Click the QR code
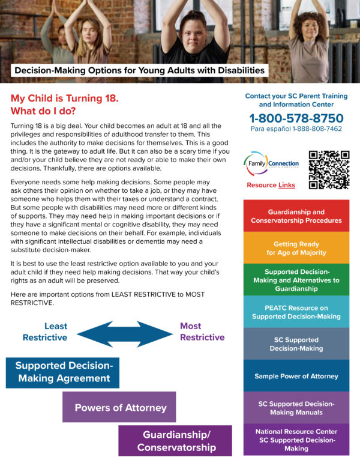pyautogui.click(x=329, y=170)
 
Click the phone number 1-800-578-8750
pyautogui.click(x=296, y=118)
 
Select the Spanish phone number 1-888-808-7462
pyautogui.click(x=296, y=129)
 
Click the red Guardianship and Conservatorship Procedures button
pyautogui.click(x=296, y=216)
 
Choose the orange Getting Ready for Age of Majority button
pyautogui.click(x=296, y=248)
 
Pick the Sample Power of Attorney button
pyautogui.click(x=296, y=376)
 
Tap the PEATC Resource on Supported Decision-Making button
pyautogui.click(x=296, y=312)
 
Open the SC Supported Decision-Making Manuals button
pyautogui.click(x=296, y=408)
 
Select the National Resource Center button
pyautogui.click(x=296, y=440)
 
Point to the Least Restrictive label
pyautogui.click(x=45, y=331)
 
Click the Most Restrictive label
pyautogui.click(x=202, y=331)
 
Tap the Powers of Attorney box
pyautogui.click(x=120, y=407)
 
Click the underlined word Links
pyautogui.click(x=287, y=185)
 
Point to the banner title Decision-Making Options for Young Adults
pyautogui.click(x=139, y=71)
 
